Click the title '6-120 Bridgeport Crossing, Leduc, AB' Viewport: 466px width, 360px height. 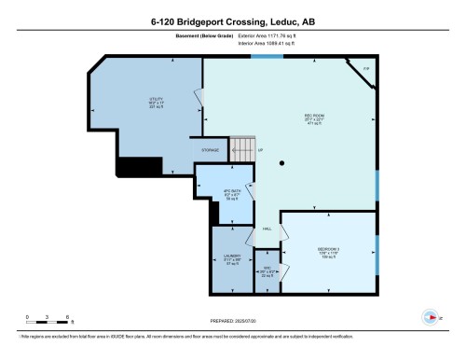233,21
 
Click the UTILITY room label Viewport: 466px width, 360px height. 157,103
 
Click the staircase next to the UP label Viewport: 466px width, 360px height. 241,147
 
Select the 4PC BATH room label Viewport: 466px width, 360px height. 230,195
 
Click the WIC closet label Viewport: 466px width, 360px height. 267,272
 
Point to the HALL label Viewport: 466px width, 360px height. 267,229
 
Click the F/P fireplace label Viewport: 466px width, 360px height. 366,69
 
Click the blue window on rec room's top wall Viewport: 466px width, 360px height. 267,57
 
